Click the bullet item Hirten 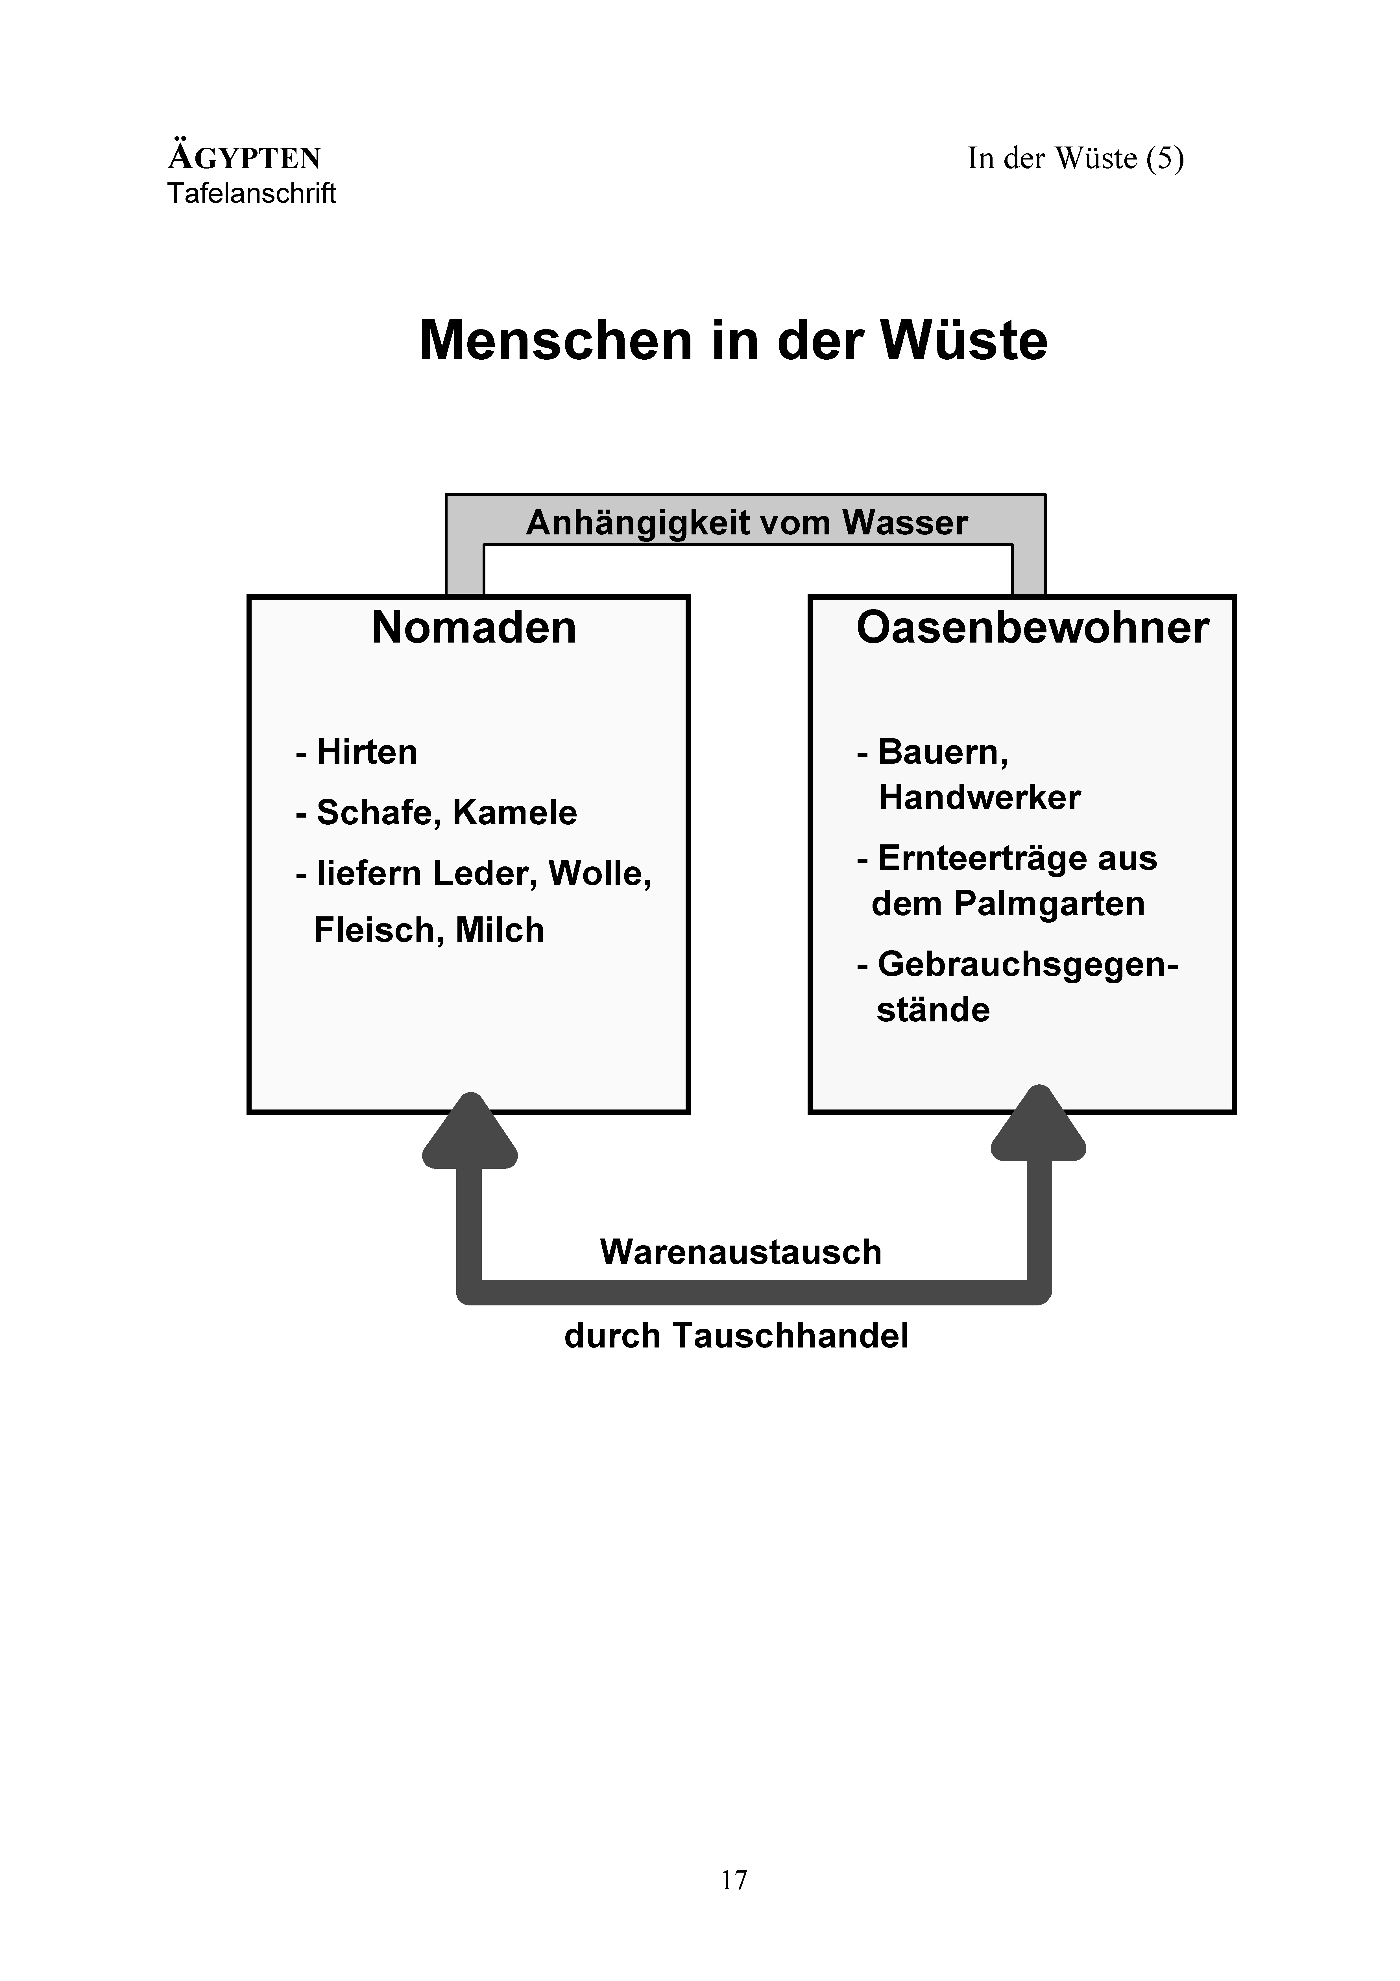click(x=356, y=752)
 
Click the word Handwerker click(x=979, y=797)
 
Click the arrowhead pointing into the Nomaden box click(x=470, y=1130)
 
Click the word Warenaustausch click(x=741, y=1252)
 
